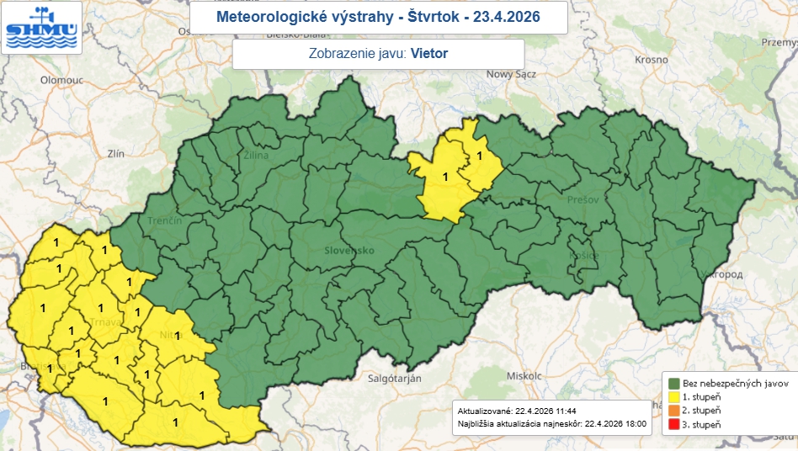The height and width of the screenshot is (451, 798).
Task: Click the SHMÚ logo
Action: (x=41, y=27)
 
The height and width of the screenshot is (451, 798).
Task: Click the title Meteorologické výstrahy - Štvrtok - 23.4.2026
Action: (x=378, y=17)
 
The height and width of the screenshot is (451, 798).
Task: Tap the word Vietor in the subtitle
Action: (x=429, y=54)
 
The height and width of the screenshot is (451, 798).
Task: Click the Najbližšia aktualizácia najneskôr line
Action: (x=551, y=424)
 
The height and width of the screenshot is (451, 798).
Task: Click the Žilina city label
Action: (x=256, y=156)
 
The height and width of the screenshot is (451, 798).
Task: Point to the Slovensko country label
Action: (x=348, y=251)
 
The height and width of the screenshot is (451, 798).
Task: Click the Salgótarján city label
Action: (x=394, y=379)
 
